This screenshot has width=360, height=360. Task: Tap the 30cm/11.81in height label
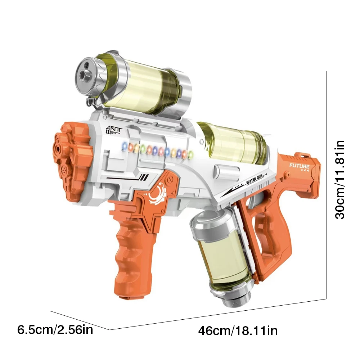coord(339,179)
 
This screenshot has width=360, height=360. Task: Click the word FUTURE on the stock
coord(299,166)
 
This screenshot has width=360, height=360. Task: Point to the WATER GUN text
coord(256,182)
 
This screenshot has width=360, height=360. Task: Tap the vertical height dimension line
coord(327,184)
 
